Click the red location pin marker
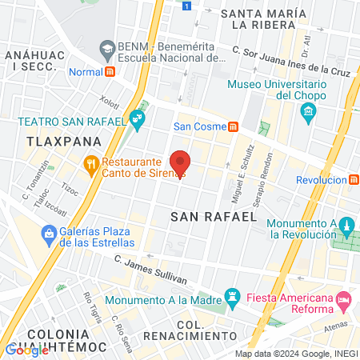click(180, 162)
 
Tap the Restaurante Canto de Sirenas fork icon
click(91, 166)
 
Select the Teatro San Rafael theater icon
click(138, 122)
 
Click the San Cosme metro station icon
click(233, 126)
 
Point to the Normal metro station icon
click(110, 70)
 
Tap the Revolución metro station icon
click(352, 180)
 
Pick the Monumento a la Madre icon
click(233, 298)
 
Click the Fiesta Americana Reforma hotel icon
click(345, 302)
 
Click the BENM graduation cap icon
click(106, 50)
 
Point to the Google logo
click(26, 350)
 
